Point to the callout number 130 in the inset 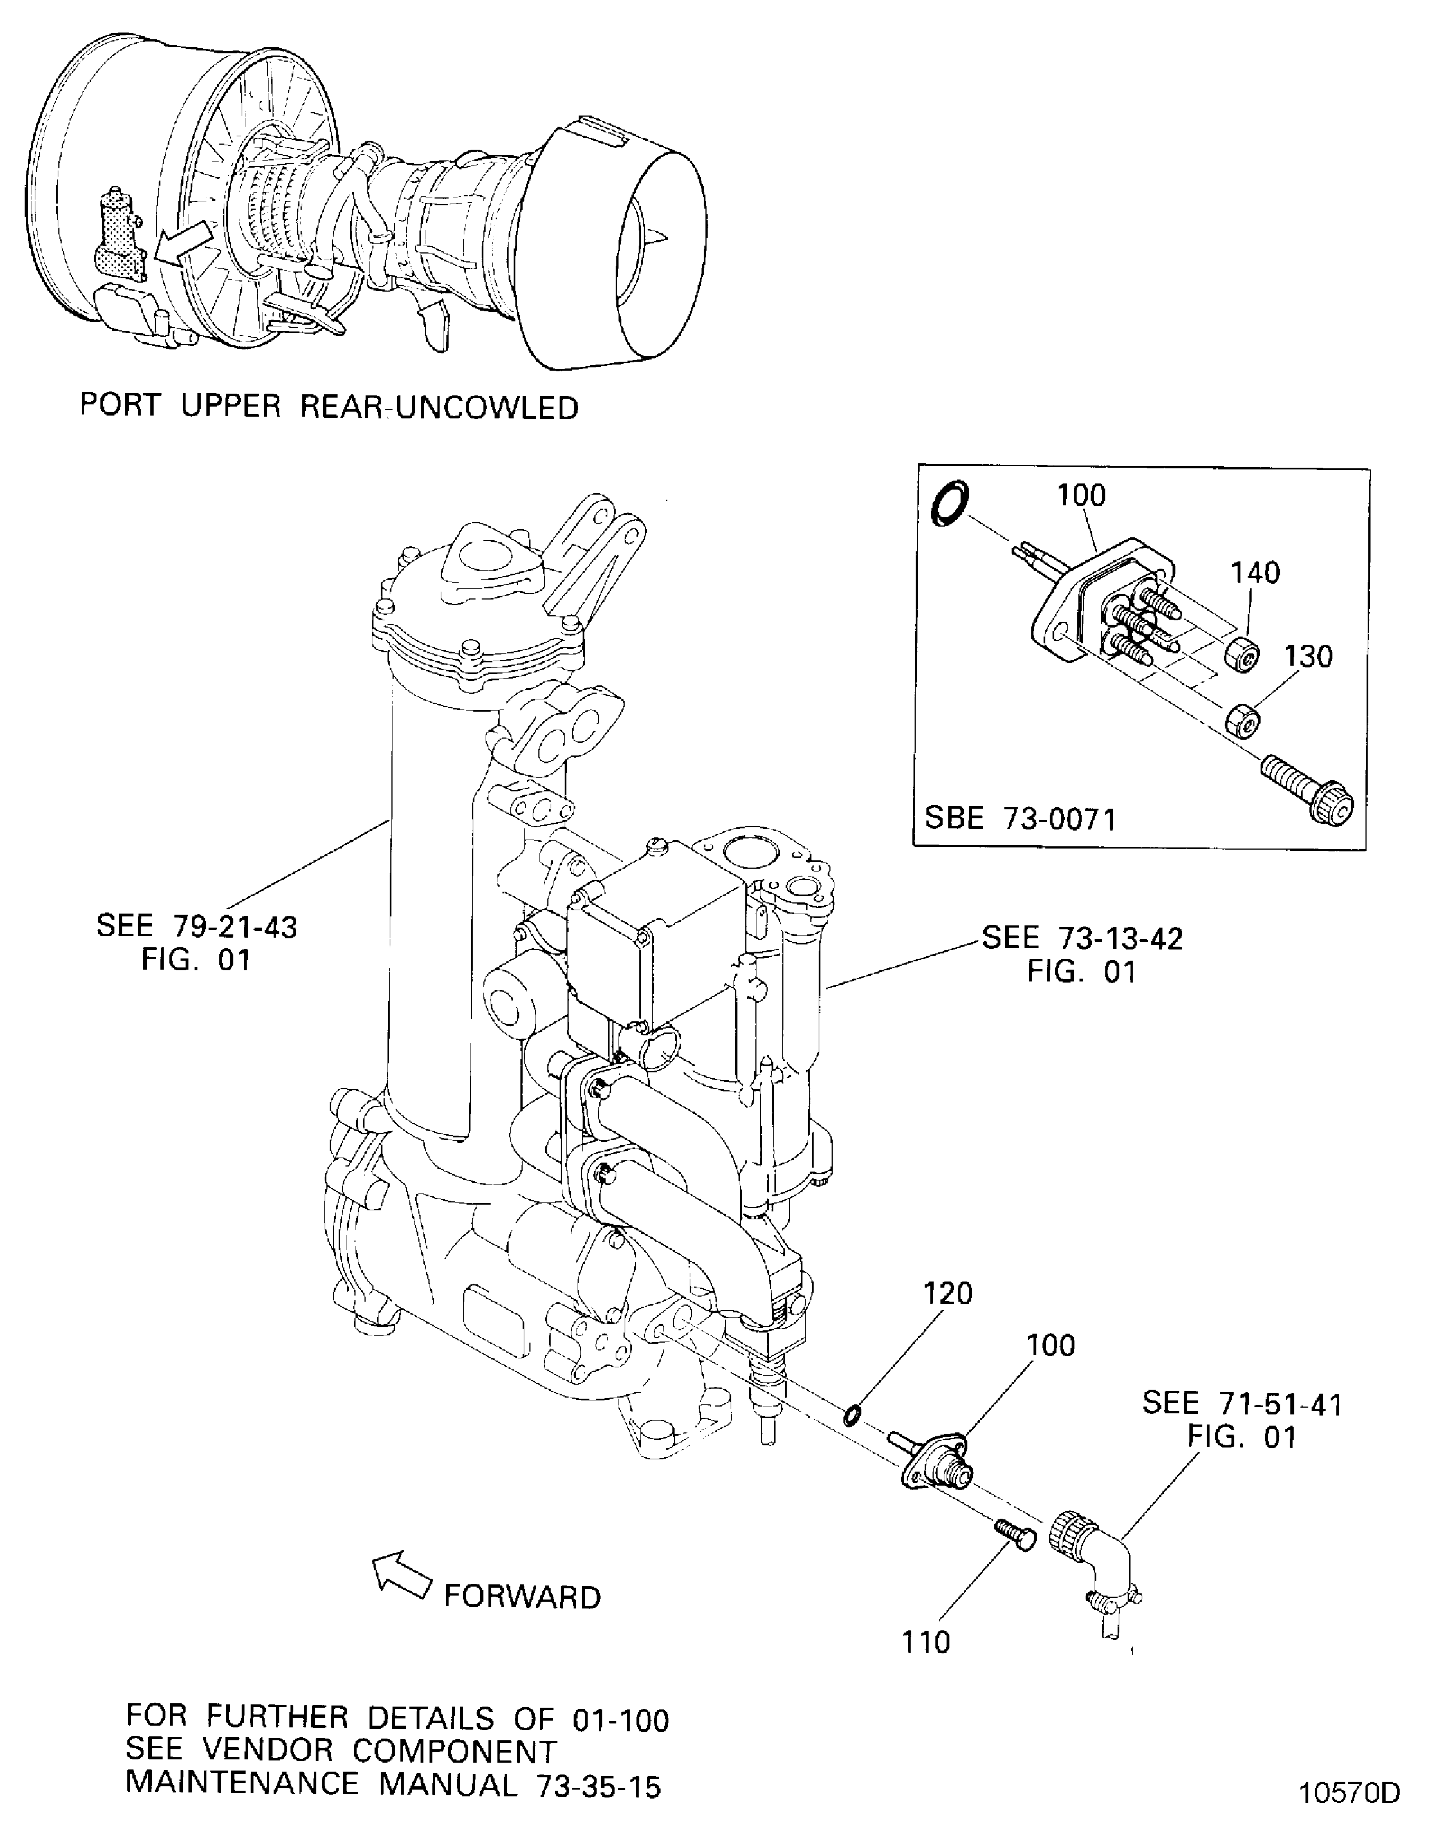point(1308,656)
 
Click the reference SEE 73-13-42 point(1082,938)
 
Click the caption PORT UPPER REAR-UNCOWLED point(329,407)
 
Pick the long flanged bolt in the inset point(1307,790)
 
